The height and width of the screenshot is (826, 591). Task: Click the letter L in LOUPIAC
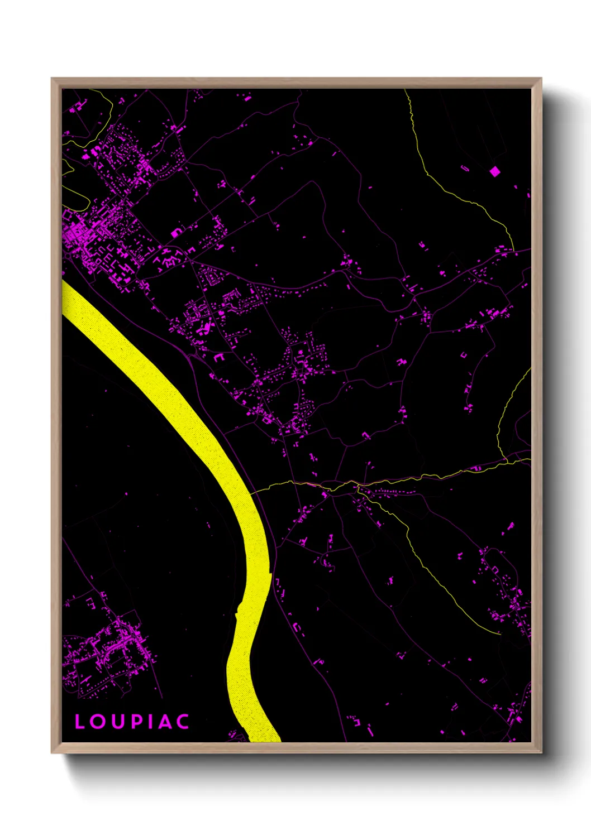pos(80,722)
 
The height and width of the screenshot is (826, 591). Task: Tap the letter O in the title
pos(98,722)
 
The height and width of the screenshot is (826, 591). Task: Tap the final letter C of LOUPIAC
pos(182,722)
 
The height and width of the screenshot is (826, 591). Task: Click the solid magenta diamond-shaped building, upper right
pos(494,171)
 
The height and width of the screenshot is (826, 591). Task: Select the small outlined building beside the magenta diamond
pos(465,167)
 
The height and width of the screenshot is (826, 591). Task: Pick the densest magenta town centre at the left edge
pos(78,234)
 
